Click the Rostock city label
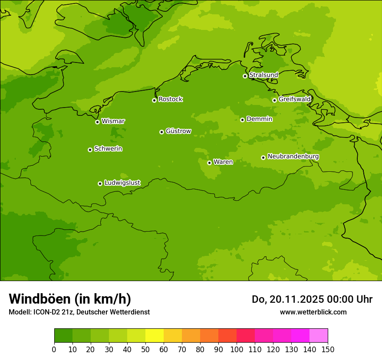click(x=170, y=99)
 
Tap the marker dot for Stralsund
click(x=245, y=76)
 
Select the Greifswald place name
click(x=294, y=99)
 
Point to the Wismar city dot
click(x=97, y=122)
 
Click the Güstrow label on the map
click(x=178, y=131)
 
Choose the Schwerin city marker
click(x=90, y=150)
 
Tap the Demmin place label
click(x=259, y=119)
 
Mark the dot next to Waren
click(x=209, y=163)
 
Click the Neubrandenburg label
click(x=293, y=157)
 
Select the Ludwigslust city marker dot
click(x=100, y=183)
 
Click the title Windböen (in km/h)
click(x=70, y=299)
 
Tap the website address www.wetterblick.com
click(x=313, y=312)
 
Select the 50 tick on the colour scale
click(x=145, y=349)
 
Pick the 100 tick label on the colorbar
click(x=237, y=349)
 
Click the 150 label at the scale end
click(x=328, y=349)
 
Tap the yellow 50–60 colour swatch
click(x=155, y=336)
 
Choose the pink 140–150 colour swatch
click(x=319, y=336)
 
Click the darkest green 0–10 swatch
click(x=63, y=336)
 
